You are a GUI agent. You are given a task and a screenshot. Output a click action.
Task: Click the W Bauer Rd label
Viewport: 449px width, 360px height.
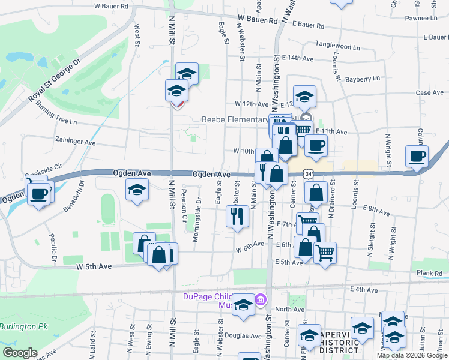[112, 6]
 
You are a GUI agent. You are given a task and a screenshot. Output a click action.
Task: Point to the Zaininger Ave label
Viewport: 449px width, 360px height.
[74, 143]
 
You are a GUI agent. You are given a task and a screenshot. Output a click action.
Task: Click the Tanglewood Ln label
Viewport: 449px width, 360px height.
[339, 46]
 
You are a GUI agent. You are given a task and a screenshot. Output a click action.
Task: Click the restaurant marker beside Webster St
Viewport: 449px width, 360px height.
[238, 216]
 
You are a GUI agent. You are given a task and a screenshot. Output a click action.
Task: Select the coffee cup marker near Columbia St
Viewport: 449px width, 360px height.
[417, 156]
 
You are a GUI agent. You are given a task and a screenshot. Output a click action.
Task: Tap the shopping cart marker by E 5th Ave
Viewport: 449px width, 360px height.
[325, 253]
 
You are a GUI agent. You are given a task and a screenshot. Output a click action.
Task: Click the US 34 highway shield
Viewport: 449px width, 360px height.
[308, 173]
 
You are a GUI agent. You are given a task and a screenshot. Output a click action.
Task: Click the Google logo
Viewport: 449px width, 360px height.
[20, 353]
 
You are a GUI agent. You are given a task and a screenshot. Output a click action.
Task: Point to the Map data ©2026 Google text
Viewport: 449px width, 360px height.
[411, 355]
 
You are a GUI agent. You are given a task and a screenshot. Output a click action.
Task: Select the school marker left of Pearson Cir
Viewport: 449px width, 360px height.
[137, 190]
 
